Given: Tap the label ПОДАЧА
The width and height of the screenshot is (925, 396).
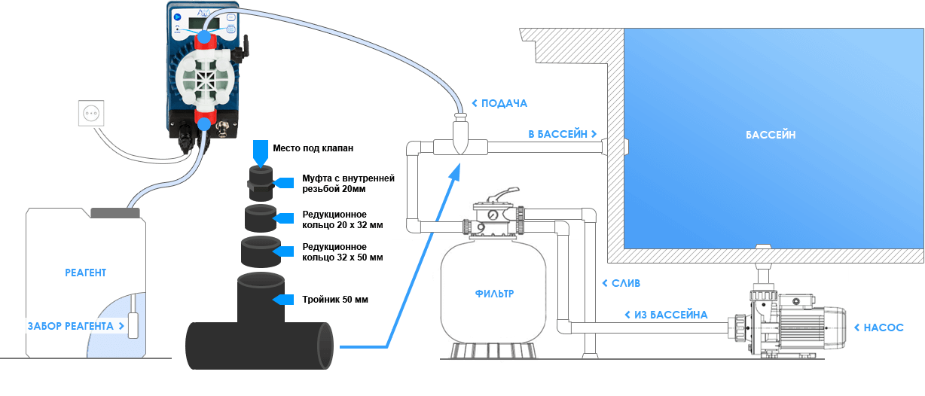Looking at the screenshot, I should tap(504, 103).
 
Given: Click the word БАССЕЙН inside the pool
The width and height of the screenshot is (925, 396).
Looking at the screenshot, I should tap(771, 135).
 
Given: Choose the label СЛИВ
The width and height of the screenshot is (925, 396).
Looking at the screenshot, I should tap(625, 283).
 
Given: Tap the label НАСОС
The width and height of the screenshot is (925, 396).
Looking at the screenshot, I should tap(883, 327).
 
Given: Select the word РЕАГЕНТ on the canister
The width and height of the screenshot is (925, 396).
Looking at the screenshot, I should tap(85, 273).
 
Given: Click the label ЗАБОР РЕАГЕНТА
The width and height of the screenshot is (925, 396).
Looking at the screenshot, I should tap(75, 326).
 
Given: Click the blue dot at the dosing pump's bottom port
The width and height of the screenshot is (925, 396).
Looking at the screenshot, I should tap(203, 123).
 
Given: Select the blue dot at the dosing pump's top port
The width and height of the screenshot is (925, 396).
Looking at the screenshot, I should tap(203, 35).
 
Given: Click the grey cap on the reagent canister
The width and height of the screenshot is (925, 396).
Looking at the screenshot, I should tap(115, 213).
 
